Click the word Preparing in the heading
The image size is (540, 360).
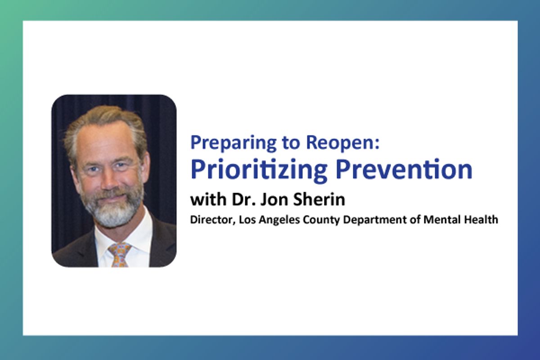233,143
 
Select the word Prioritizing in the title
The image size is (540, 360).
259,170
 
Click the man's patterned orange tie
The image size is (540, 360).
120,255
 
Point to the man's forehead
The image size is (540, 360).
106,140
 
